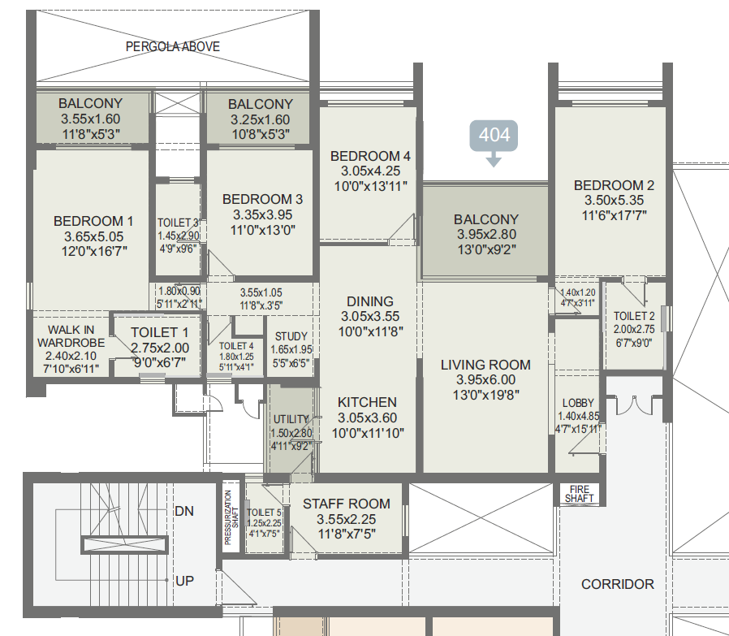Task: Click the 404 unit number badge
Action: (494, 136)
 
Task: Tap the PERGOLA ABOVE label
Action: (173, 46)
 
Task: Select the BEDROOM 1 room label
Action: (93, 221)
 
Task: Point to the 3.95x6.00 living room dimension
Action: (485, 379)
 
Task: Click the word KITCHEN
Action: (367, 402)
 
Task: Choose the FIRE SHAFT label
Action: (580, 494)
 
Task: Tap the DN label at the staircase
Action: (184, 511)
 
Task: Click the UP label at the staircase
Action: (184, 581)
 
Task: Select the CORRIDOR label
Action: (618, 584)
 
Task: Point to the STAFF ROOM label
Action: (347, 504)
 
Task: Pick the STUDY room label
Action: (291, 336)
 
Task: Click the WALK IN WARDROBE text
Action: (71, 336)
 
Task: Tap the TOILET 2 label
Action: (634, 316)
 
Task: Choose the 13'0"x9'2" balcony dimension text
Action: (487, 250)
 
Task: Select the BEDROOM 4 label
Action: (370, 156)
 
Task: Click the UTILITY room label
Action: (291, 419)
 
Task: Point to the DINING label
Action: (370, 301)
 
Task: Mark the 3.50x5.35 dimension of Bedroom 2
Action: (615, 201)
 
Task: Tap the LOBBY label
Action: (578, 403)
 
